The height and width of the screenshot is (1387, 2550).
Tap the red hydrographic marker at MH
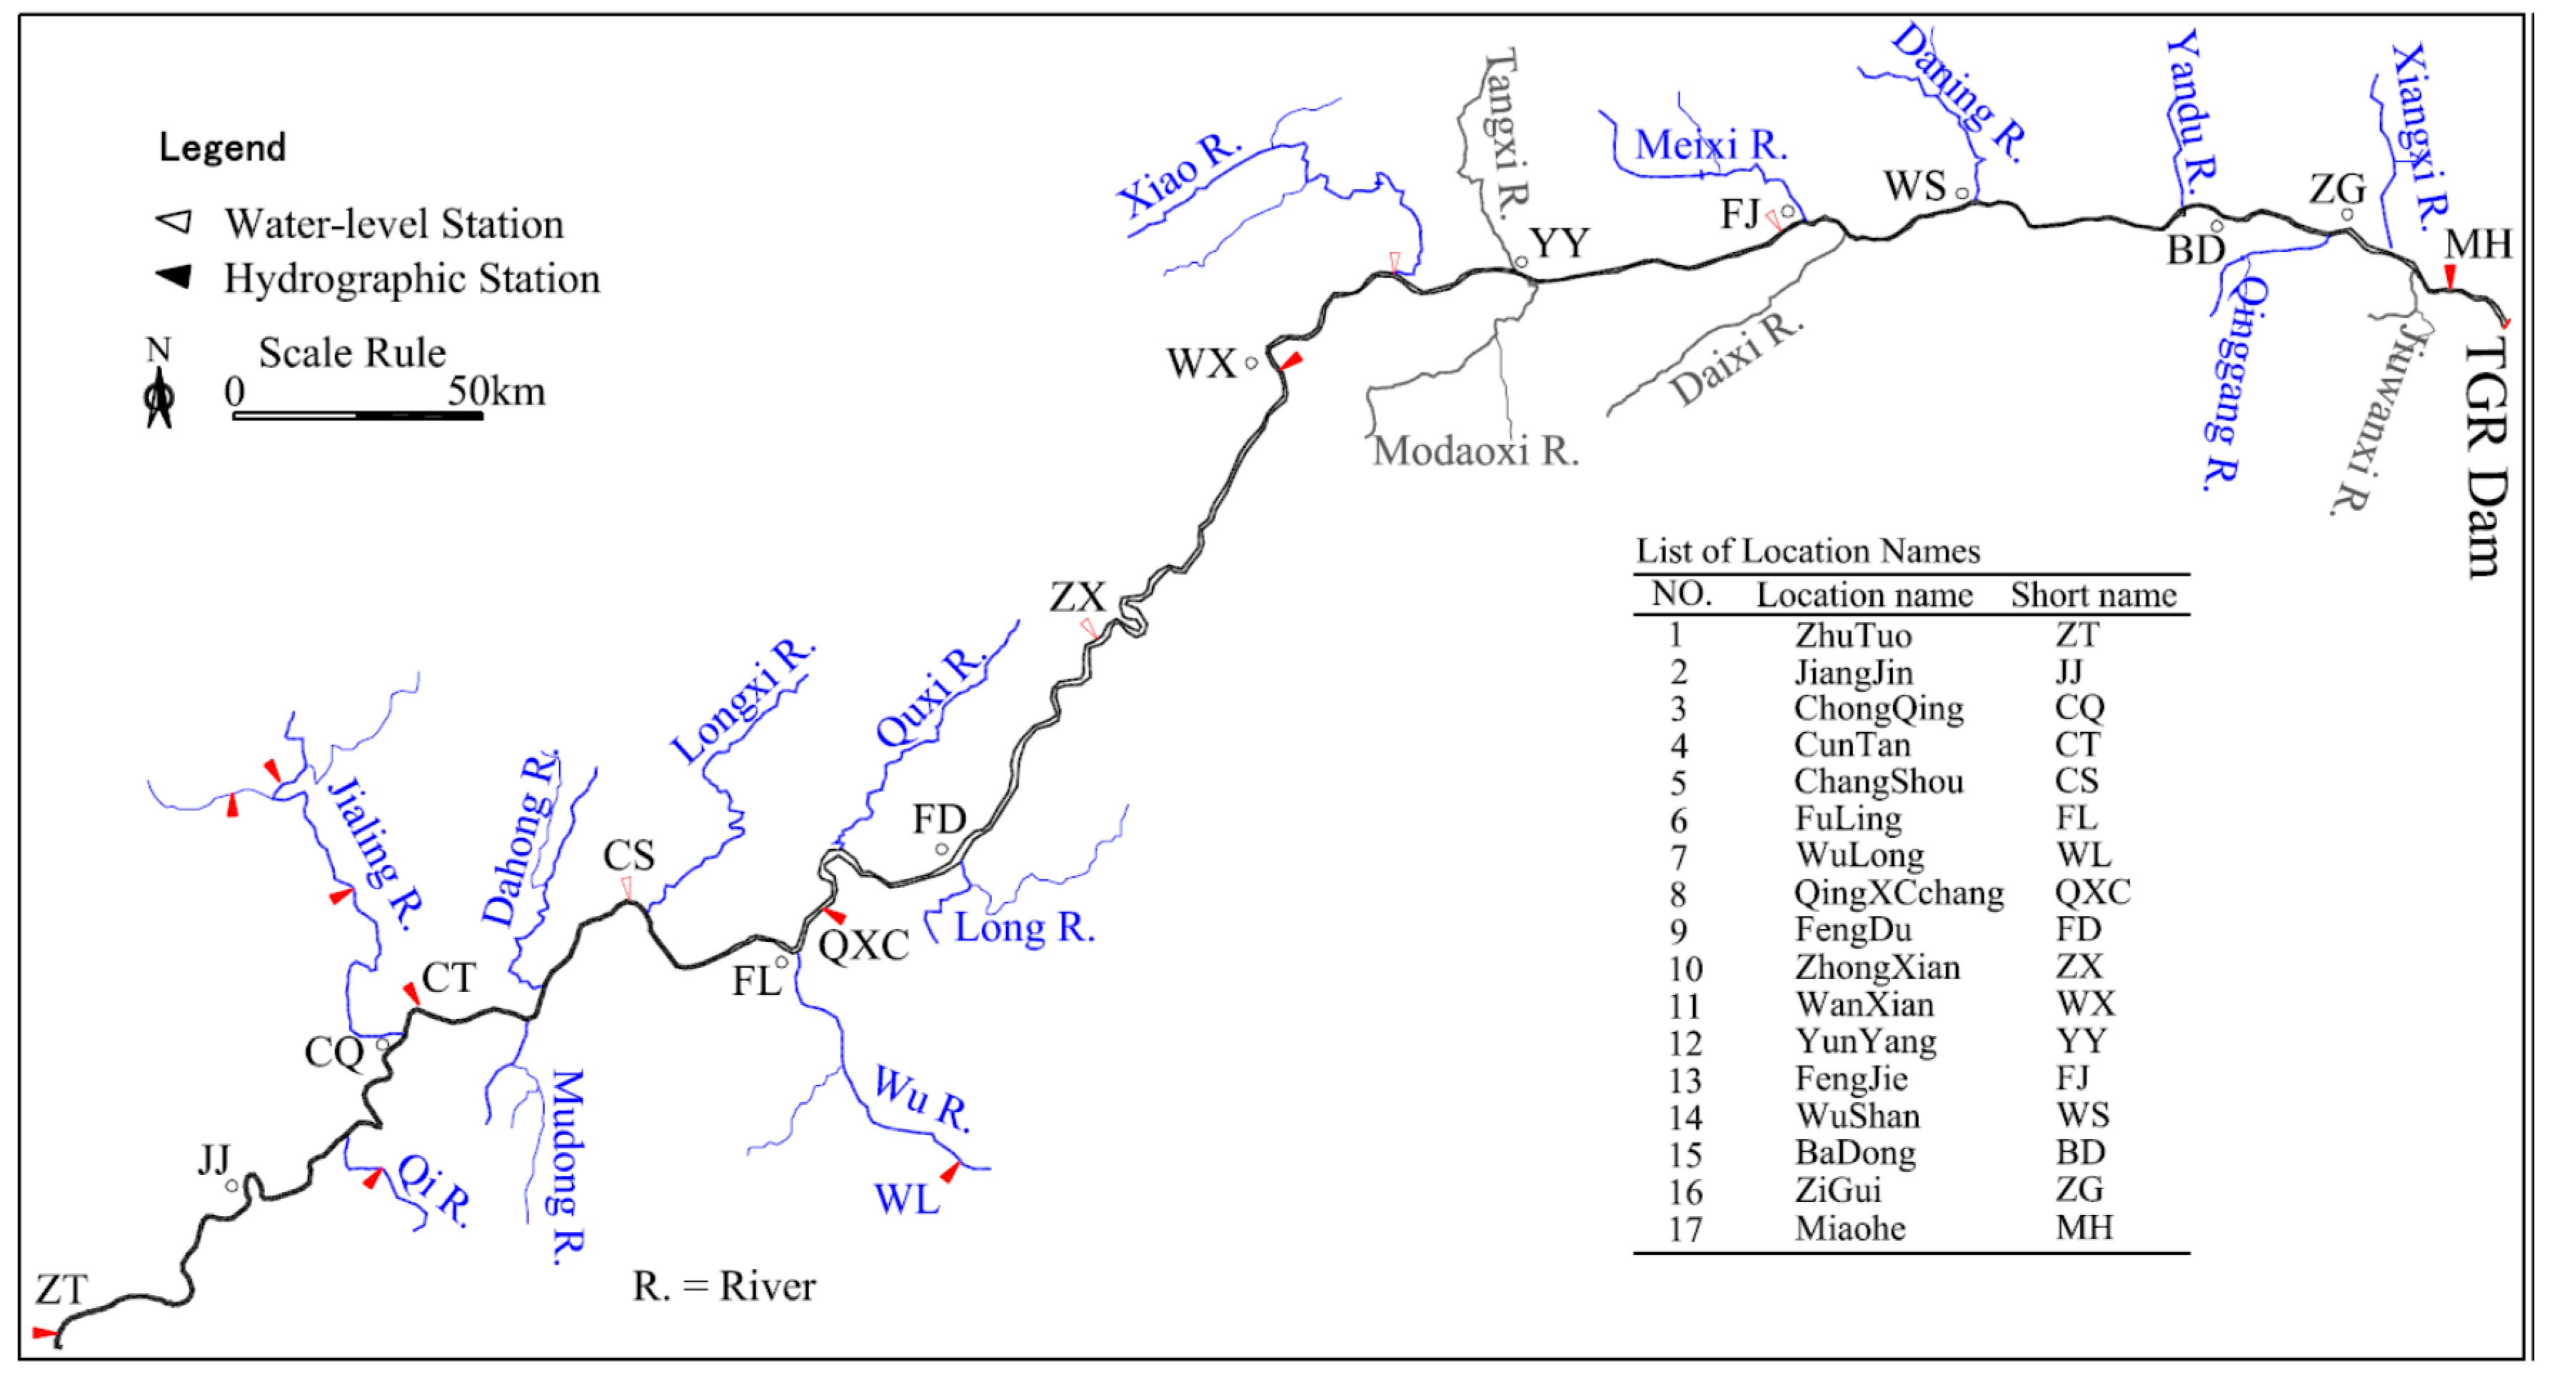[2450, 276]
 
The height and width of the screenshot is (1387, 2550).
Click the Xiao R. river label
[1179, 174]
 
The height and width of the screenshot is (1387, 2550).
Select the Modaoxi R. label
[1475, 451]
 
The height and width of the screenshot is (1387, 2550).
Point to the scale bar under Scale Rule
[357, 416]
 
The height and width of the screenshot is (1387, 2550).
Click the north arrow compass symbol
[159, 398]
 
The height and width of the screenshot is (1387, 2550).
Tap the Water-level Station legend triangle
[175, 221]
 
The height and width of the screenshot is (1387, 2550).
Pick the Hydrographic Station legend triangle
[174, 276]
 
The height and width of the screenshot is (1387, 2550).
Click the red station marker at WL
[950, 1172]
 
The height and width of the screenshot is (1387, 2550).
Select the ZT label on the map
[61, 1290]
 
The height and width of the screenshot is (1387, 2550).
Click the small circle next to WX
[1251, 364]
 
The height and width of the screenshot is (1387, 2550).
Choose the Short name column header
[2094, 595]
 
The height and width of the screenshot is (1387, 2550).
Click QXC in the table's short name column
[2093, 892]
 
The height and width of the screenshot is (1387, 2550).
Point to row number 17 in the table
[1684, 1228]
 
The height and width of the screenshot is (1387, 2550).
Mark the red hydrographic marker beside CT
[411, 993]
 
